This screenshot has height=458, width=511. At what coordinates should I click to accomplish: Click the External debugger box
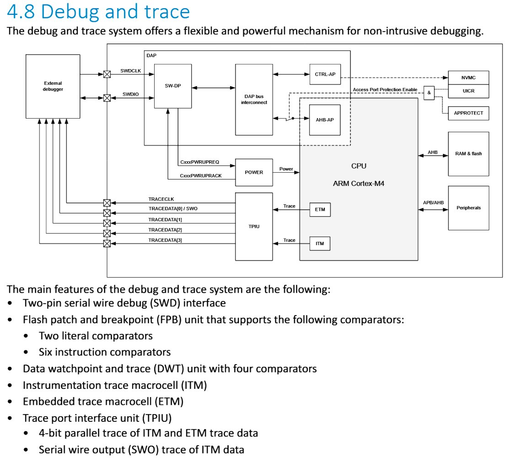[53, 86]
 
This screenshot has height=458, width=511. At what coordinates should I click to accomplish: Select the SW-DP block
[172, 86]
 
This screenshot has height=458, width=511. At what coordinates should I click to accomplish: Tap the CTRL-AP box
[325, 74]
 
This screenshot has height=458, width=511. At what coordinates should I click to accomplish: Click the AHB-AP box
[325, 120]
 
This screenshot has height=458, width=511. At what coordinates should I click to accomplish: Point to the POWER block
[254, 172]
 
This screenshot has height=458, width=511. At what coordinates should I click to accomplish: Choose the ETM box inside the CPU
[320, 210]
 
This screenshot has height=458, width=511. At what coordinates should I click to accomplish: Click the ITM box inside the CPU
[320, 244]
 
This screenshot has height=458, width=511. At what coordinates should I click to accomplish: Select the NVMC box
[468, 78]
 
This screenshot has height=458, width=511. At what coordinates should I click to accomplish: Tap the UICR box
[468, 91]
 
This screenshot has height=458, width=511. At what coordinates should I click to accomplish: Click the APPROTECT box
[468, 113]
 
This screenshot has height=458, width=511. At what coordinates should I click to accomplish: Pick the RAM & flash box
[468, 154]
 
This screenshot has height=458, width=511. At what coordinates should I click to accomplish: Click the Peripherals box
[468, 208]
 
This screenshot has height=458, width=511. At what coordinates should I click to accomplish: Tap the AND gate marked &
[429, 93]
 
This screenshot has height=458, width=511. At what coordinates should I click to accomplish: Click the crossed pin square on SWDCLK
[107, 74]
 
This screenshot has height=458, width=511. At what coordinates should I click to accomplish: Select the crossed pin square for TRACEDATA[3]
[107, 244]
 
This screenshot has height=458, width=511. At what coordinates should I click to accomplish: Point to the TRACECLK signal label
[161, 199]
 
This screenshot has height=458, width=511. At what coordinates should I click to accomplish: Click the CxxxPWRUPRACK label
[200, 176]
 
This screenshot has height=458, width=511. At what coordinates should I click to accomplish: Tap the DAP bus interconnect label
[254, 99]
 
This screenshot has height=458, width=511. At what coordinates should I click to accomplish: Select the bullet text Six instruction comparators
[105, 352]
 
